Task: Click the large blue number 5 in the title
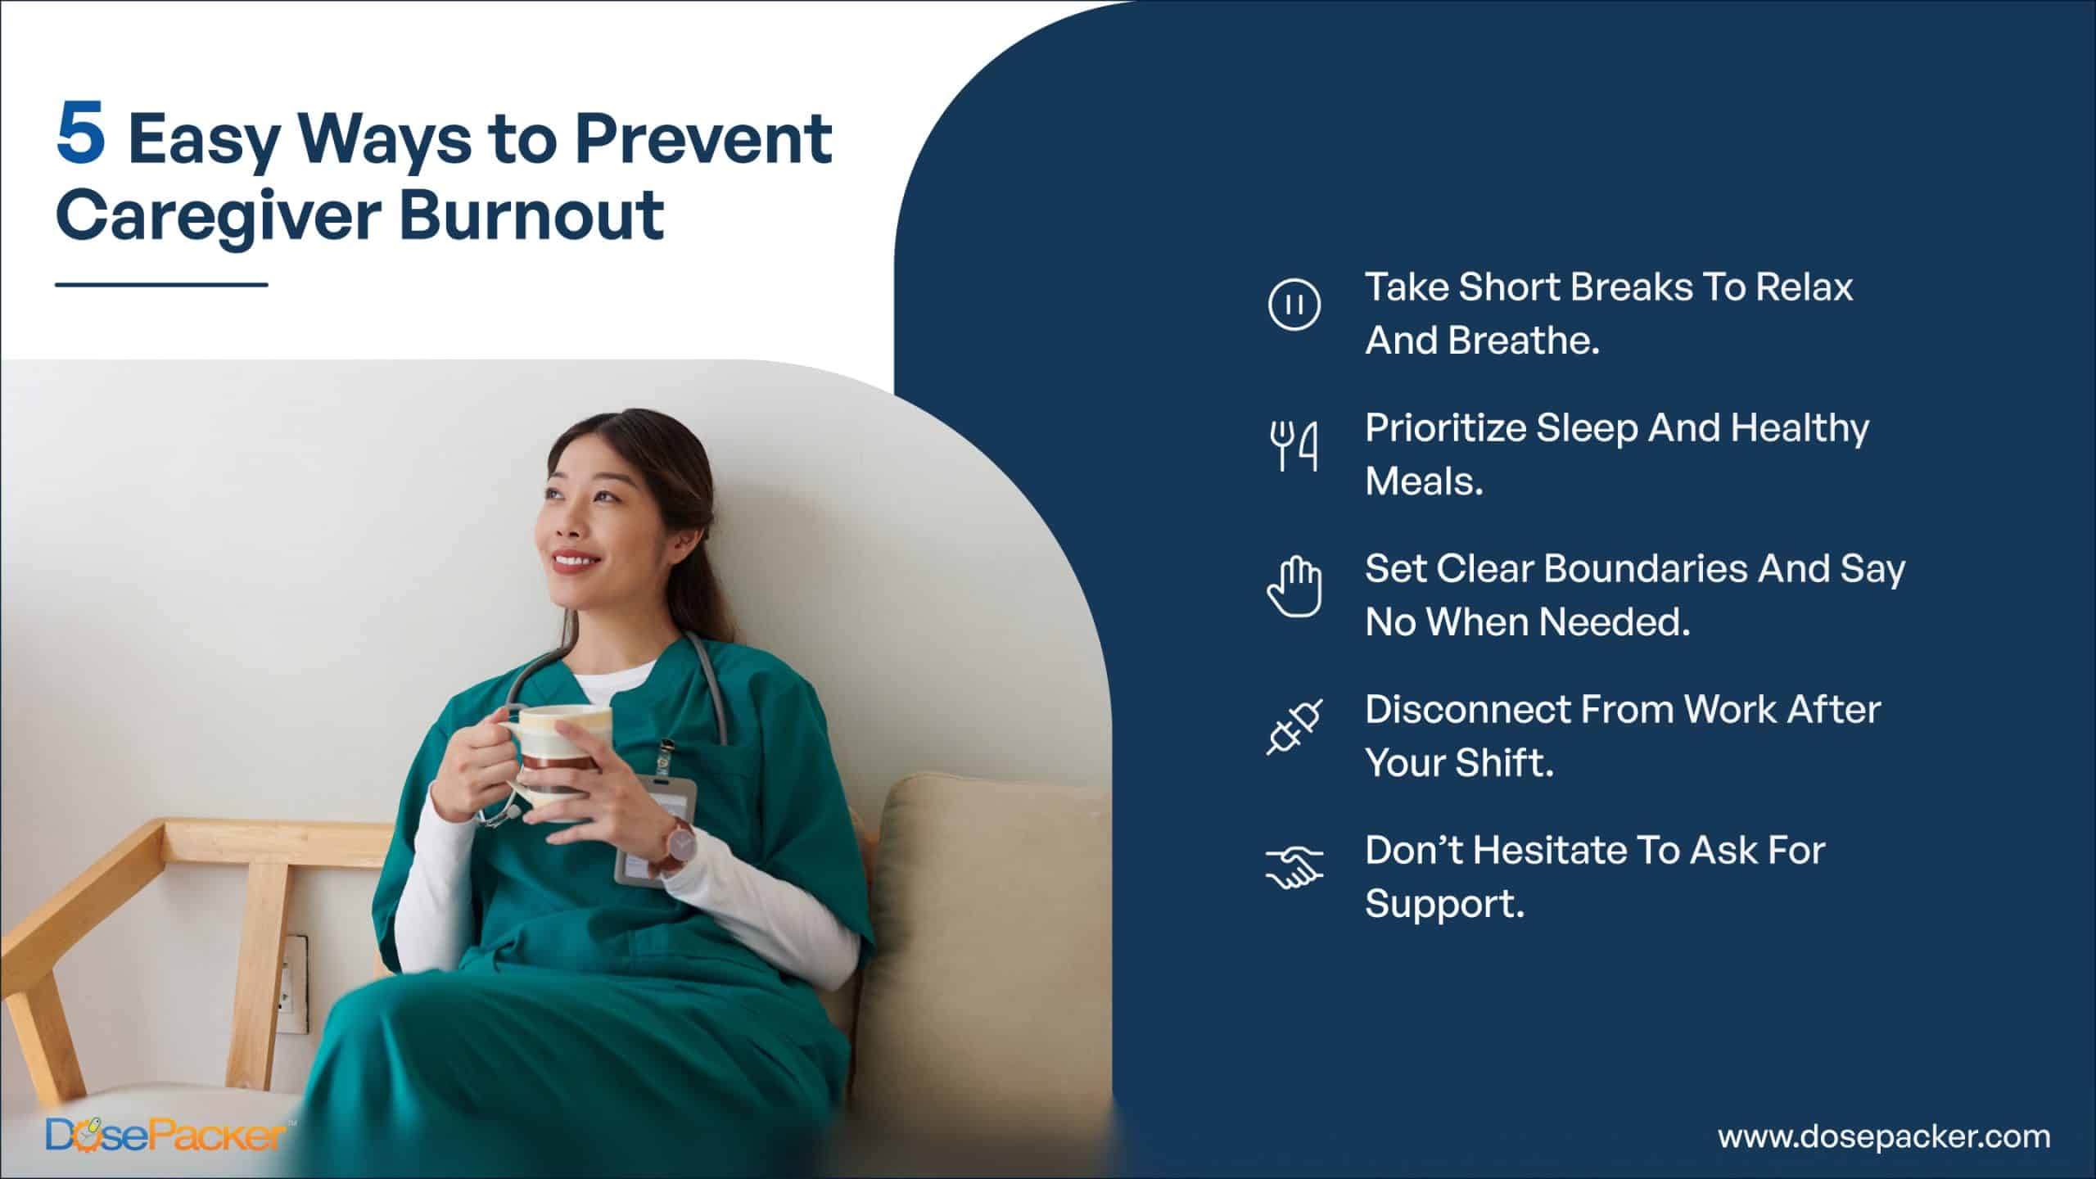point(81,130)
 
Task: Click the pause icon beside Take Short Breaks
point(1294,305)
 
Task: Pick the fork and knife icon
point(1294,446)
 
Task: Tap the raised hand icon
point(1294,586)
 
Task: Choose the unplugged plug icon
point(1294,727)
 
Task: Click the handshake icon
point(1294,868)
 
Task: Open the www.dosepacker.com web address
point(1884,1136)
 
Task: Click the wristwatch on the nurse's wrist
point(678,844)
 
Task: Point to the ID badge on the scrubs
point(655,827)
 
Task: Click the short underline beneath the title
point(161,285)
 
